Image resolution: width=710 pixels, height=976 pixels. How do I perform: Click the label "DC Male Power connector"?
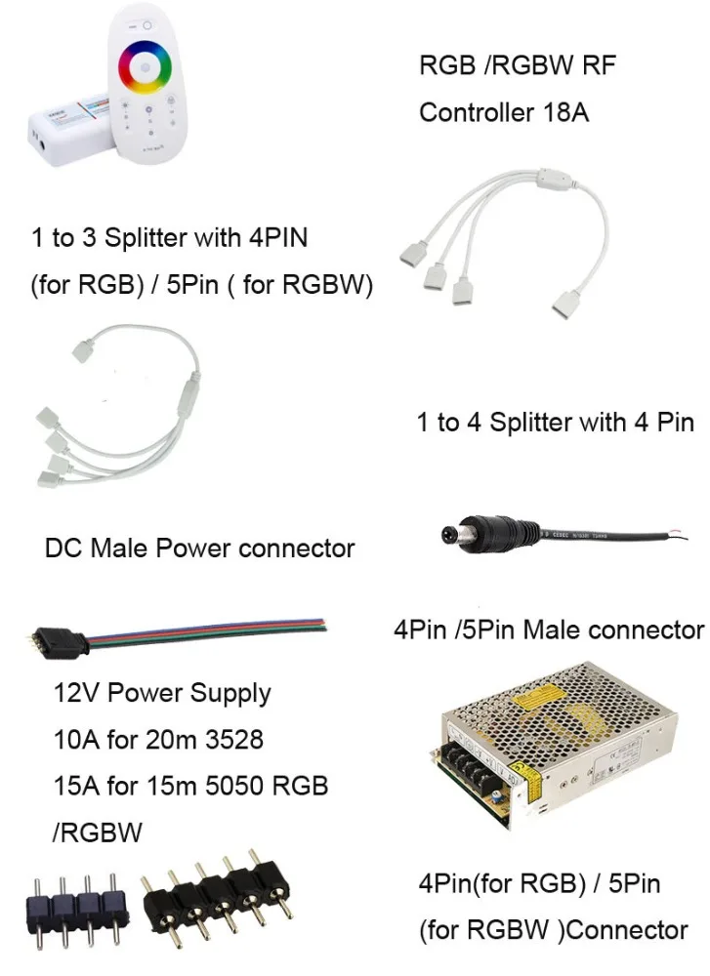click(x=199, y=548)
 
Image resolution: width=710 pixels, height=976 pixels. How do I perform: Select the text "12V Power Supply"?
click(x=161, y=694)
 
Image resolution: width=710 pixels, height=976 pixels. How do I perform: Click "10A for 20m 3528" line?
click(x=157, y=740)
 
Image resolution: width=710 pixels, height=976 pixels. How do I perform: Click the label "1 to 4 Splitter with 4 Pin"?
click(x=555, y=423)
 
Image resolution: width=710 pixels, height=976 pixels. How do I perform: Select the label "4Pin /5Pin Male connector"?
click(x=548, y=630)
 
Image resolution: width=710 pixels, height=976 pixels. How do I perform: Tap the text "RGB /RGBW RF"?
click(x=517, y=66)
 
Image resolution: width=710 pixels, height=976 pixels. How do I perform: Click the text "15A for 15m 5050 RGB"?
click(x=189, y=786)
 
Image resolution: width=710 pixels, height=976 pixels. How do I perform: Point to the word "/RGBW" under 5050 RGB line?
click(x=97, y=833)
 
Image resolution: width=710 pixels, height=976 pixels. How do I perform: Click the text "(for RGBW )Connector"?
click(x=554, y=929)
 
